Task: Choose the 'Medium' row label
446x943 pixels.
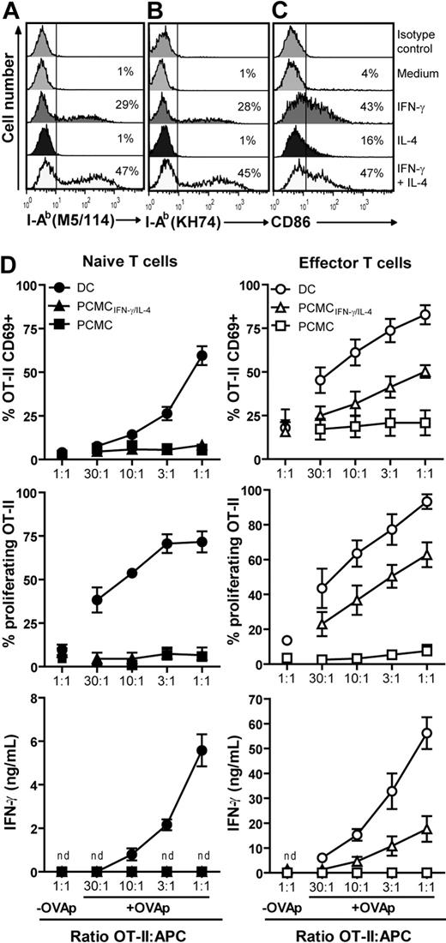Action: (x=419, y=72)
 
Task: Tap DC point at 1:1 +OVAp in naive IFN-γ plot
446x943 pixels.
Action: (x=203, y=749)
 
